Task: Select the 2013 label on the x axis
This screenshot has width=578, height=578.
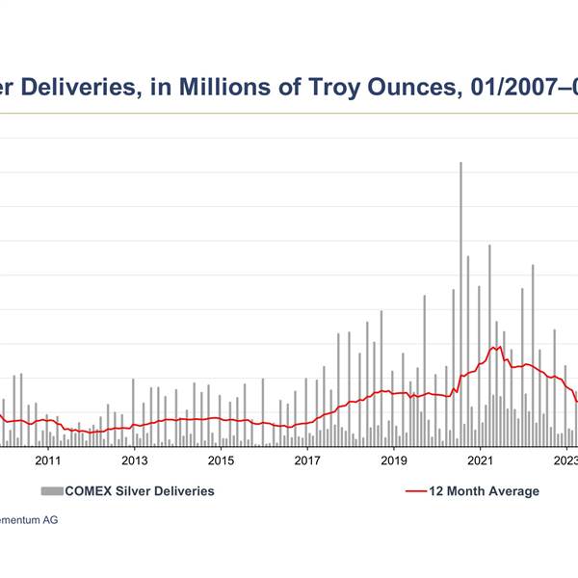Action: click(135, 460)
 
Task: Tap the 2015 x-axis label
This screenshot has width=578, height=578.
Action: click(222, 460)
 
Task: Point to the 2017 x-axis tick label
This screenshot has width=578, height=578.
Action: click(307, 460)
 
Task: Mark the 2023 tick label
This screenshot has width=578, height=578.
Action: click(565, 460)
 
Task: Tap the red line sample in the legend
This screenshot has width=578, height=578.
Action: click(415, 491)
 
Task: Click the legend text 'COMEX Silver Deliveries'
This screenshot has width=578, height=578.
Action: click(139, 491)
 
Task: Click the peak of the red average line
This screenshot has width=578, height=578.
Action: click(497, 347)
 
